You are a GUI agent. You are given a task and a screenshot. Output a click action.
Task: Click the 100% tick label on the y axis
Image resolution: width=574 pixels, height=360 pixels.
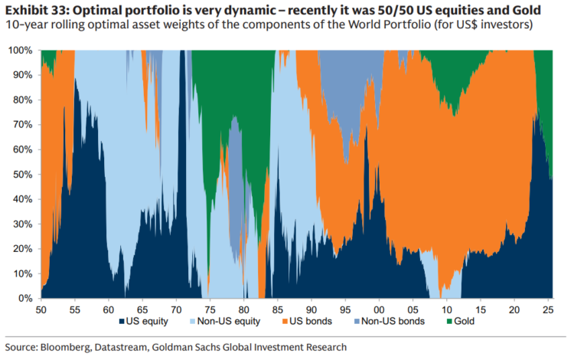(21, 51)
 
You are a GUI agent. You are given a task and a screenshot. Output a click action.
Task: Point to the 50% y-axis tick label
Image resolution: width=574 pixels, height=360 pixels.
(24, 174)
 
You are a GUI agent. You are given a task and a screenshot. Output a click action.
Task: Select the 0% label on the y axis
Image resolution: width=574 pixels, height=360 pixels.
(27, 298)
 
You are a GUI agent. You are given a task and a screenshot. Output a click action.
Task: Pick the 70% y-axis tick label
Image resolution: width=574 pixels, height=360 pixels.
(24, 125)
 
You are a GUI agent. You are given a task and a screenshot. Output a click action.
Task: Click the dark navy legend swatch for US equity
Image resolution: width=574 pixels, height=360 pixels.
(122, 322)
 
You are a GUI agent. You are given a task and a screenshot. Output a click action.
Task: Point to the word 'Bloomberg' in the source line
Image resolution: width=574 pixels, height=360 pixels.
(71, 347)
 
